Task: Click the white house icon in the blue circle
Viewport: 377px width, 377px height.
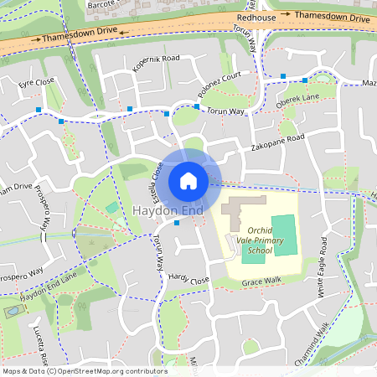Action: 188,180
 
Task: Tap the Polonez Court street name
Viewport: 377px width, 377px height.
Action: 219,84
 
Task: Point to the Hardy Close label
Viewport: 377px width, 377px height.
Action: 188,279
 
